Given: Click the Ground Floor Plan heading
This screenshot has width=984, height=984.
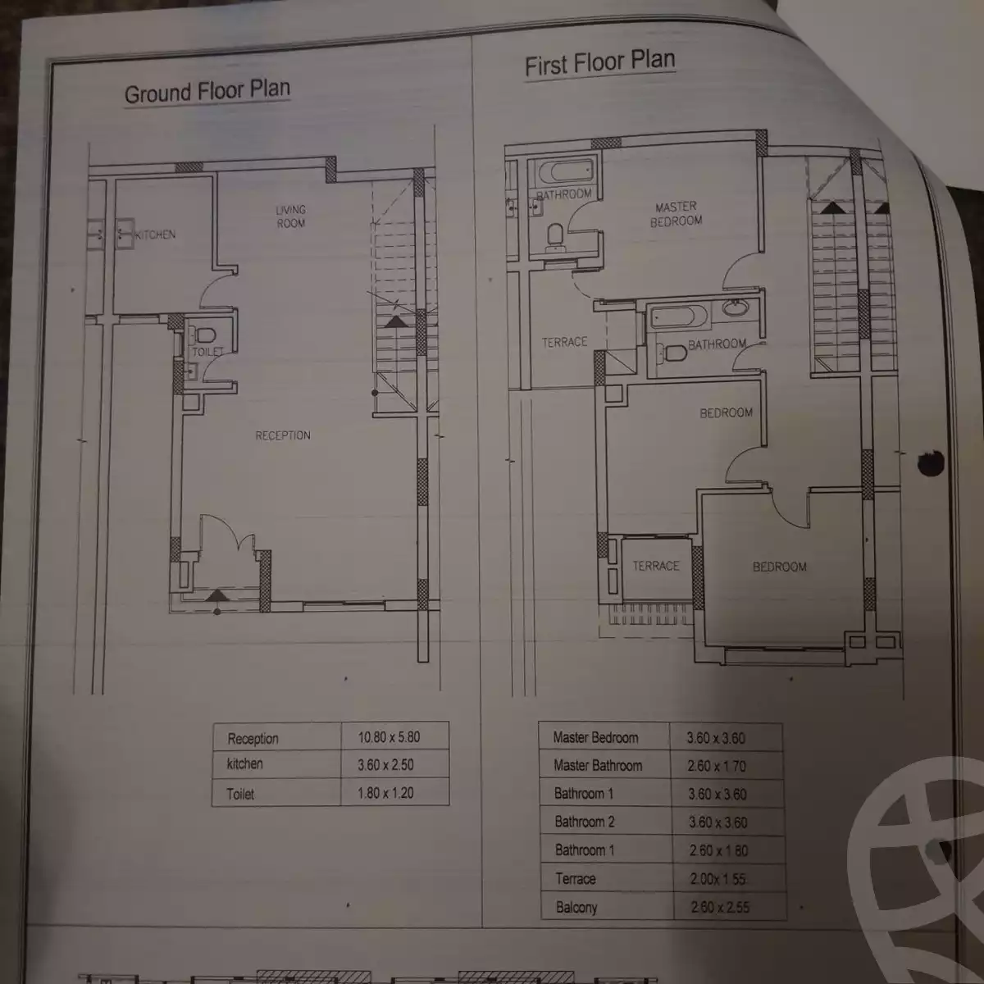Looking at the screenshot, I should click(207, 91).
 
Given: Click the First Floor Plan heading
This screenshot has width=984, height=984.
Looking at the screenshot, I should click(599, 63).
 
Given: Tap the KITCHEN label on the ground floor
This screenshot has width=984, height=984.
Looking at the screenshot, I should click(155, 235).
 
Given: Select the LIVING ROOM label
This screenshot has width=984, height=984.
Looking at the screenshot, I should click(290, 216).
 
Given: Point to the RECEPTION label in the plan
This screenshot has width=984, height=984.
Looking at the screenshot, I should click(282, 435).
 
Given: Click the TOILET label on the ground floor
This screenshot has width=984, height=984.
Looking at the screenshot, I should click(207, 352).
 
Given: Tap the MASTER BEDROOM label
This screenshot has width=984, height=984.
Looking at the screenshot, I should click(676, 214).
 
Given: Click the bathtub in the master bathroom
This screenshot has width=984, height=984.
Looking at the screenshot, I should click(565, 172).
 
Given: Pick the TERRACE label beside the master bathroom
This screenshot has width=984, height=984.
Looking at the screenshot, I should click(564, 342).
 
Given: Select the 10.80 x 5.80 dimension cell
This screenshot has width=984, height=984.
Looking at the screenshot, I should click(389, 737).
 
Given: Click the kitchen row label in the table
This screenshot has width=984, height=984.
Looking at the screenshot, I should click(244, 764).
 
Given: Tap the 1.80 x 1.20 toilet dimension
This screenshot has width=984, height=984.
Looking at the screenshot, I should click(385, 793).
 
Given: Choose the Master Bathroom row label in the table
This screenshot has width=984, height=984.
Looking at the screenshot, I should click(597, 766).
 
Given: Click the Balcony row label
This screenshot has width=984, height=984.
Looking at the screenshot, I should click(576, 907).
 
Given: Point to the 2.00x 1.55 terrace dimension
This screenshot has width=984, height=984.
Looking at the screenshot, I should click(717, 879).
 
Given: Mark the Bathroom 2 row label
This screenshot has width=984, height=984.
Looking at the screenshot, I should click(584, 822).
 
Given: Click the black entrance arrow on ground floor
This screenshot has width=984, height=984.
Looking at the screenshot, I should click(216, 595).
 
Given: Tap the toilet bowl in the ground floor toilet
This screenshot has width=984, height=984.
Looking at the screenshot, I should click(205, 335).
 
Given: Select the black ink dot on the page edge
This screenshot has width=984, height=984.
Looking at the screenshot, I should click(931, 463).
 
